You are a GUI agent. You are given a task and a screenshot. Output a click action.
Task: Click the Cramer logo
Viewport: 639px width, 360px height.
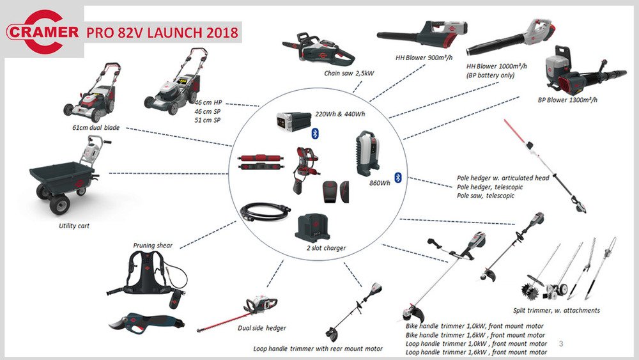(42, 32)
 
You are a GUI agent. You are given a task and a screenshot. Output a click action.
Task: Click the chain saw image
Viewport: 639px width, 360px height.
(318, 51)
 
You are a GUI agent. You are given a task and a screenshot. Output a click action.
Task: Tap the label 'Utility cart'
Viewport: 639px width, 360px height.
(73, 226)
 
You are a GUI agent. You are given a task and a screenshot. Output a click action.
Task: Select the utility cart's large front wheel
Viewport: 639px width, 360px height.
(60, 203)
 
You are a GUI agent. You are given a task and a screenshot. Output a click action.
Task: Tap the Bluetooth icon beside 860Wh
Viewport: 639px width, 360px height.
(397, 177)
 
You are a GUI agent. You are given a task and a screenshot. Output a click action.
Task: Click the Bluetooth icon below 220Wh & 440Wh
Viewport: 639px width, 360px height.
(314, 133)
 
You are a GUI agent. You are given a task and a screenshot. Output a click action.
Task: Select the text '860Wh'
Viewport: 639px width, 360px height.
(380, 183)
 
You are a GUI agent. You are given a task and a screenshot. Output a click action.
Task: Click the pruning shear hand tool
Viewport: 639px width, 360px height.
(147, 322)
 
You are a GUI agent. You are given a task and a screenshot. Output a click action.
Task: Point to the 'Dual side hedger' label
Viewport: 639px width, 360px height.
(261, 328)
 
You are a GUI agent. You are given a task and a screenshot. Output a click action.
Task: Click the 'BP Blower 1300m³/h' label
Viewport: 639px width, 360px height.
(567, 100)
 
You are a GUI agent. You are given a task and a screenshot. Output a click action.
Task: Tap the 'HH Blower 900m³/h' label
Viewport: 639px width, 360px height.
(424, 58)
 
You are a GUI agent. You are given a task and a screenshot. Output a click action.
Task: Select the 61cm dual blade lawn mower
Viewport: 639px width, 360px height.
(92, 93)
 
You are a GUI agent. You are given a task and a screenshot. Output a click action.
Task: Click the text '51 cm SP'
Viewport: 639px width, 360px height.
(208, 120)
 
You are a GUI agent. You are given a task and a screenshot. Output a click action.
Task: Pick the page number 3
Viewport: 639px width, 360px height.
(561, 343)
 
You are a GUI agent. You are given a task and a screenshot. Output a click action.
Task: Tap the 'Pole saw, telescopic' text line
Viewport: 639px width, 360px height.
(486, 196)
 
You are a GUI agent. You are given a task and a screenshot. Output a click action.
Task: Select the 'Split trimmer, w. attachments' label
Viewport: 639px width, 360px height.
(557, 310)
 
